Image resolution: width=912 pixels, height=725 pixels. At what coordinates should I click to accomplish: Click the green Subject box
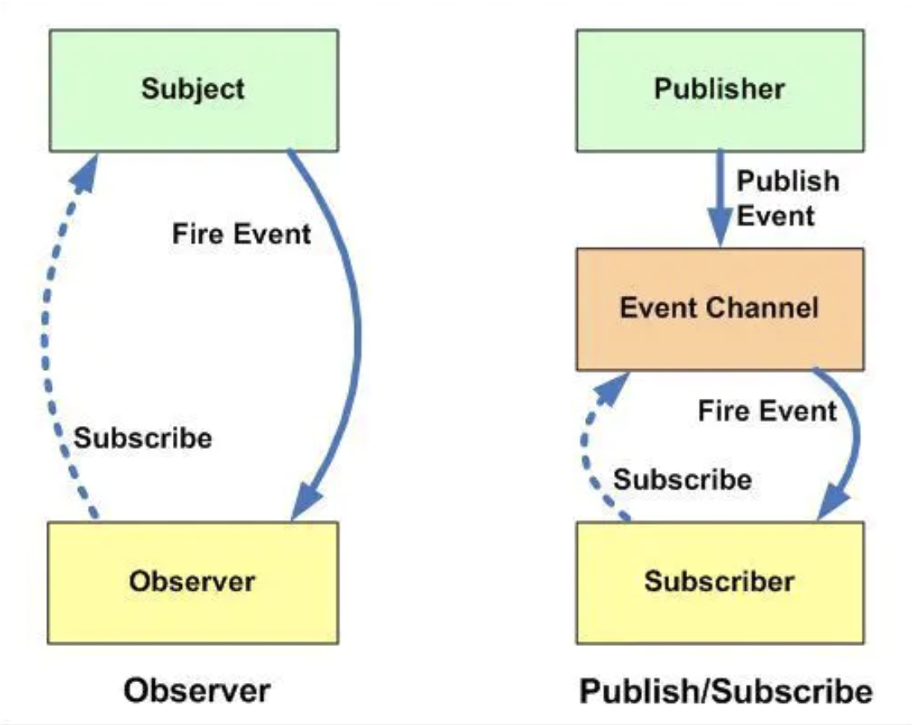(193, 91)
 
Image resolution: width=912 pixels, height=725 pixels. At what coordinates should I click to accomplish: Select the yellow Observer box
(193, 582)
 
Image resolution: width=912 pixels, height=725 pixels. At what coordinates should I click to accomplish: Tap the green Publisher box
(720, 91)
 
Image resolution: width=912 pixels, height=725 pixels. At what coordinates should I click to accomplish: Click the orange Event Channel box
(720, 309)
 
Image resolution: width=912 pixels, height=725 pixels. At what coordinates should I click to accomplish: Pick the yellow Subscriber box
(720, 582)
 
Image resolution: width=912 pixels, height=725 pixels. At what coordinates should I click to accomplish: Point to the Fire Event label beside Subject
(241, 234)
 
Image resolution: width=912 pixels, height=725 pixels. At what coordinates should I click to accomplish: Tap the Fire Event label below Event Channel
(767, 411)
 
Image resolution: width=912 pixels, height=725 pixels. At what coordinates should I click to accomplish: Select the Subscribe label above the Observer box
(143, 438)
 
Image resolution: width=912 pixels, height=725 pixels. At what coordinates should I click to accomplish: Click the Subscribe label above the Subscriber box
(683, 479)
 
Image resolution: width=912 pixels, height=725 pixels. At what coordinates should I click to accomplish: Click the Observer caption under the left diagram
(197, 690)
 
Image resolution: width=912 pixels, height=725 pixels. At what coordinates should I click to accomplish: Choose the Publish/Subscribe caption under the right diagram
(726, 692)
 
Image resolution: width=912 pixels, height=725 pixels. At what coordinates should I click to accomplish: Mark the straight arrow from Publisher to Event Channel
(721, 199)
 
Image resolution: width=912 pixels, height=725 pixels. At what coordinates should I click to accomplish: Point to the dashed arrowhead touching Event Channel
(613, 388)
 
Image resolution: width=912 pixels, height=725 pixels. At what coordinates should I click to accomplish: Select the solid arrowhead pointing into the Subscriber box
(832, 503)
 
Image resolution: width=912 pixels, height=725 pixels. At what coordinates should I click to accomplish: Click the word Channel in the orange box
(768, 308)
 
